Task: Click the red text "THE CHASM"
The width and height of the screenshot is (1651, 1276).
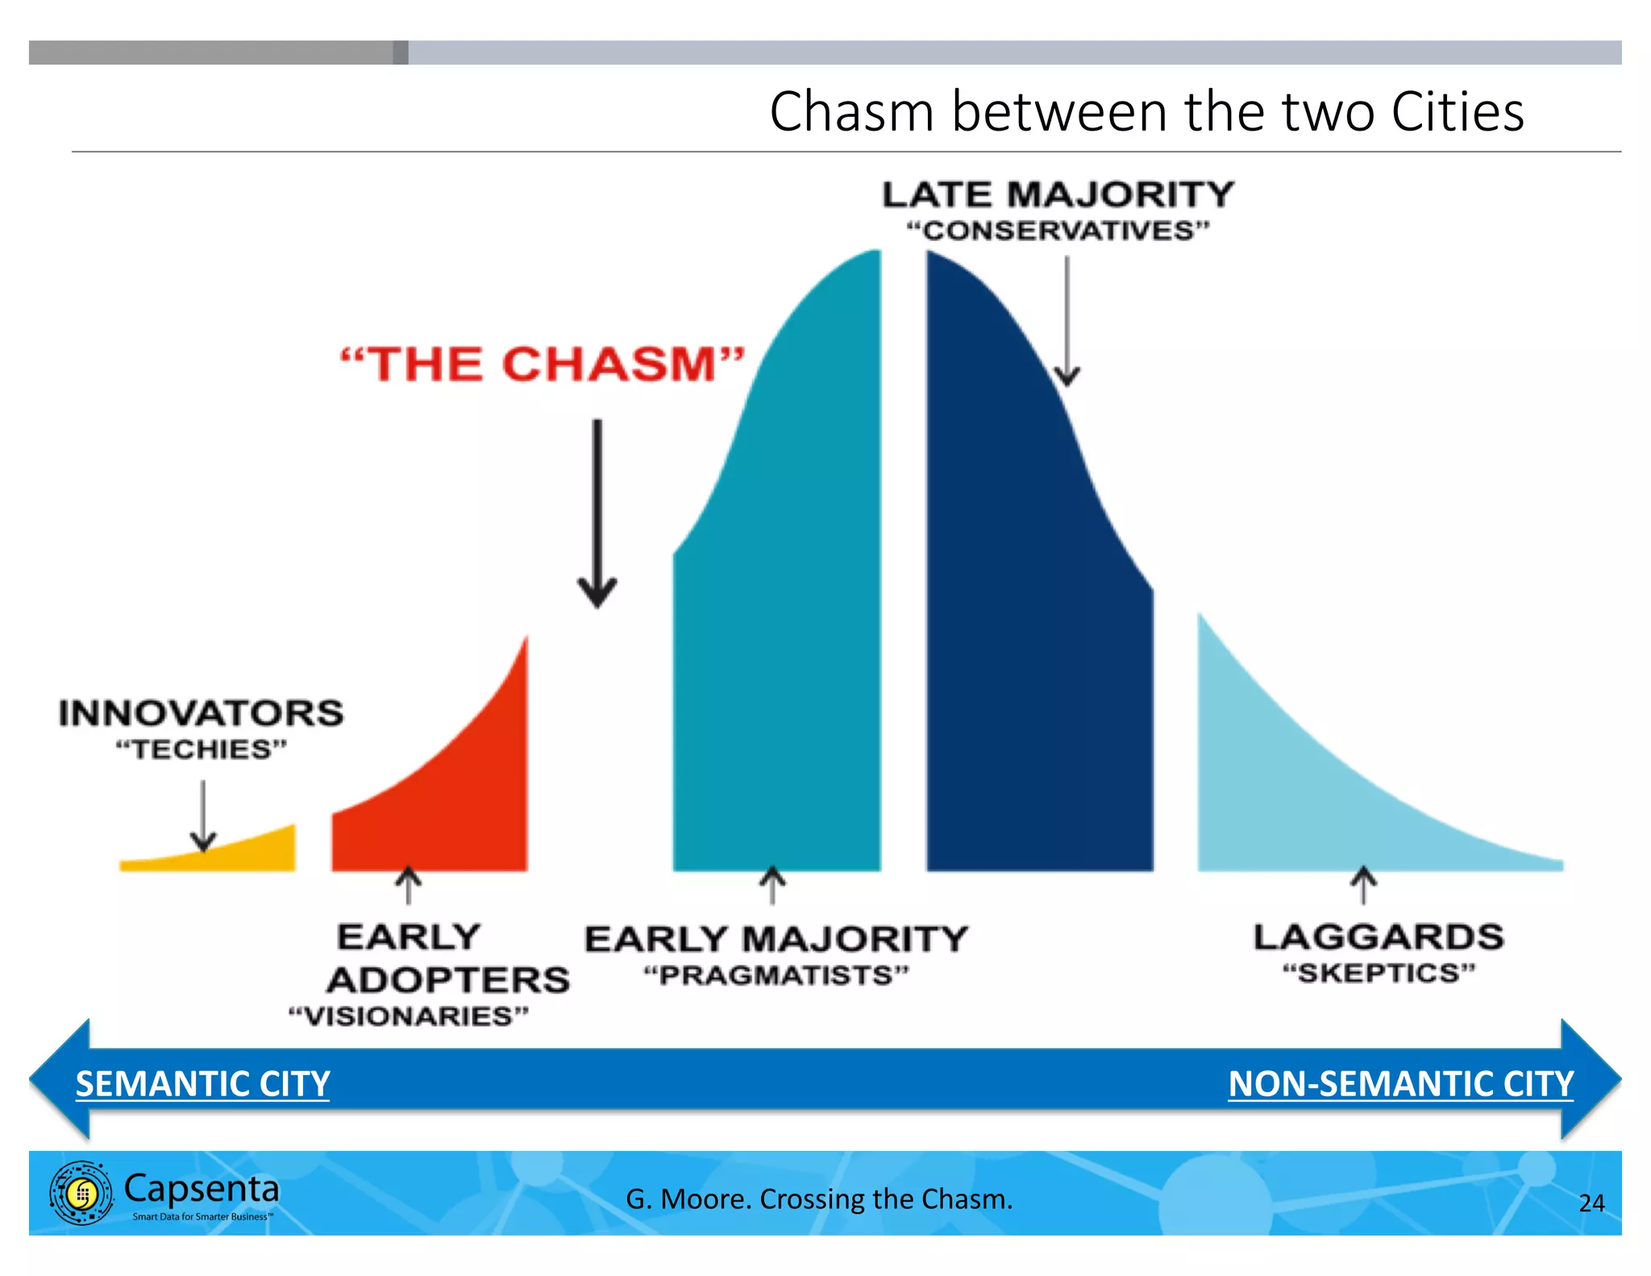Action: tap(542, 365)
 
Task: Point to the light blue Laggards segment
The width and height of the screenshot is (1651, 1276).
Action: tap(1306, 807)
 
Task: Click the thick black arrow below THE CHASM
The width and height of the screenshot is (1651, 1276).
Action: tap(597, 516)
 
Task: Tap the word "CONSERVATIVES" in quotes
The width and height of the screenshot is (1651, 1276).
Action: tap(1058, 231)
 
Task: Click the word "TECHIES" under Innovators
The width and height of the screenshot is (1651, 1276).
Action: tap(202, 749)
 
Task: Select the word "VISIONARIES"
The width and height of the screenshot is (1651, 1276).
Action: tap(409, 1015)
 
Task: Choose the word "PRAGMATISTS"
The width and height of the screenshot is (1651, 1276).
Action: tap(776, 975)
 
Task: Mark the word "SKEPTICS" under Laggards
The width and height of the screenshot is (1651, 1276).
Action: tap(1379, 973)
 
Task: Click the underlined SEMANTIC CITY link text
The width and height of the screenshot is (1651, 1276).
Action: tap(202, 1083)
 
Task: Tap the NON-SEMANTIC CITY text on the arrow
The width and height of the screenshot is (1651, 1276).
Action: tap(1400, 1083)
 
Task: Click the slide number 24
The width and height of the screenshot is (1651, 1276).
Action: tap(1591, 1203)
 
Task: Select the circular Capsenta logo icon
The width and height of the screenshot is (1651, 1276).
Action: tap(81, 1193)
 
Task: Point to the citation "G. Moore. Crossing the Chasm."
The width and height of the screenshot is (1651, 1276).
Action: tap(819, 1199)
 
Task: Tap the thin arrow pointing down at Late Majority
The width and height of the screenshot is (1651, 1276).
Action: tap(1067, 323)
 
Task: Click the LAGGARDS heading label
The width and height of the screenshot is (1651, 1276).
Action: tap(1379, 937)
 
